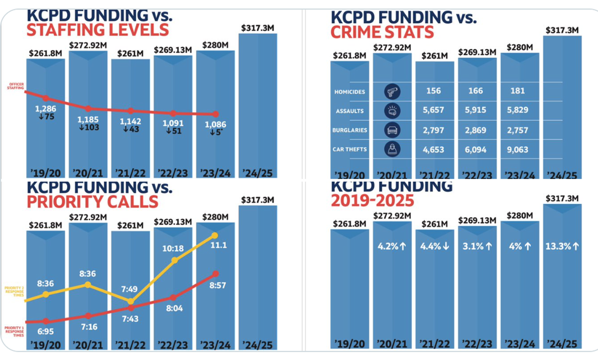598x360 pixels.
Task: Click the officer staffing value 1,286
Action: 45,109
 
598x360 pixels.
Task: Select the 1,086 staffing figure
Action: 215,124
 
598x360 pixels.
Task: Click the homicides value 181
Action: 518,91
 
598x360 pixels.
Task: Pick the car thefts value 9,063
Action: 518,149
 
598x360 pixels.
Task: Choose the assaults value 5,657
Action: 434,110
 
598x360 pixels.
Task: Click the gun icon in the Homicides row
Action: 391,91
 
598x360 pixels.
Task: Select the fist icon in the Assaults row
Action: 391,111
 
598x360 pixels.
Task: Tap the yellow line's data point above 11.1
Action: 215,235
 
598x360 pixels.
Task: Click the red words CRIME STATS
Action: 382,32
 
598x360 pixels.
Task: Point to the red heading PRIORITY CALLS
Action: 92,202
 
